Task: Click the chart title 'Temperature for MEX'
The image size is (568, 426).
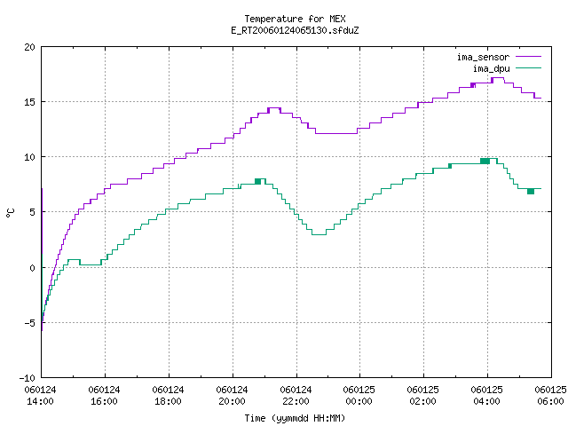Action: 295,19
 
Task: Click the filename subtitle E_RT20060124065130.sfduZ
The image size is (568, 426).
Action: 295,30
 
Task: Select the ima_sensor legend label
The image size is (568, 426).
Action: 483,57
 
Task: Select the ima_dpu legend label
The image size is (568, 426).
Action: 491,68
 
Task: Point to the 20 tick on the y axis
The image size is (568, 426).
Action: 29,47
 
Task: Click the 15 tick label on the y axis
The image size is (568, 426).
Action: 29,102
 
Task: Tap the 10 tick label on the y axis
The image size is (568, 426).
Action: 29,157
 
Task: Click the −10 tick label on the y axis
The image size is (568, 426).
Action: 28,378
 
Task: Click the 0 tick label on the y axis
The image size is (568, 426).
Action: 32,268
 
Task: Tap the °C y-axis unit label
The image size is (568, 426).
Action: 10,212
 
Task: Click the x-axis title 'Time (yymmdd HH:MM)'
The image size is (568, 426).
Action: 295,418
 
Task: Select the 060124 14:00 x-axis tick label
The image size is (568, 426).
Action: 40,396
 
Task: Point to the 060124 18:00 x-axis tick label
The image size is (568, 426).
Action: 168,396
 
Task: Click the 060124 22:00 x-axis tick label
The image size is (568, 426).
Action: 296,396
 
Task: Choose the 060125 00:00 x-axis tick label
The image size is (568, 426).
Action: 359,396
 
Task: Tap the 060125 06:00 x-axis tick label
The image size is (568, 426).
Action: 550,396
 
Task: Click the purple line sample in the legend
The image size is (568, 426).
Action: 528,57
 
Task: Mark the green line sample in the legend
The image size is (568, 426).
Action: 528,68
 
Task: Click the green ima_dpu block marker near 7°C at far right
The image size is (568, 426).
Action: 531,192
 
